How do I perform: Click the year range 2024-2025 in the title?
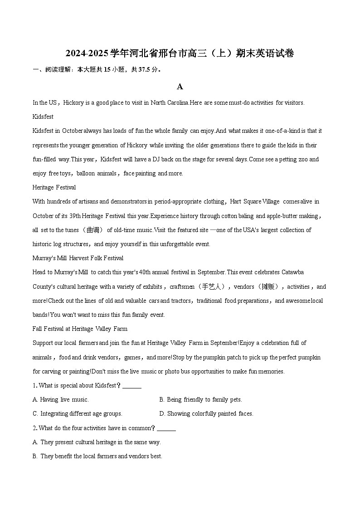point(87,54)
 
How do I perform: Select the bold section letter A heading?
point(180,87)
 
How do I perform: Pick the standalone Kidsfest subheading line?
point(43,117)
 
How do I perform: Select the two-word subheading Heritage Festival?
point(54,187)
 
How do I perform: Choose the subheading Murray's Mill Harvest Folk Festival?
point(78,258)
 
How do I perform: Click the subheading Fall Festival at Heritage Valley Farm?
point(80,329)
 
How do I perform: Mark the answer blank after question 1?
point(132,386)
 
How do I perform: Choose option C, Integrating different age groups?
point(78,413)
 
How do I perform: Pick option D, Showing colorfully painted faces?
point(206,413)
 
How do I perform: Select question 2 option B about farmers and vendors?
point(97,456)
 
